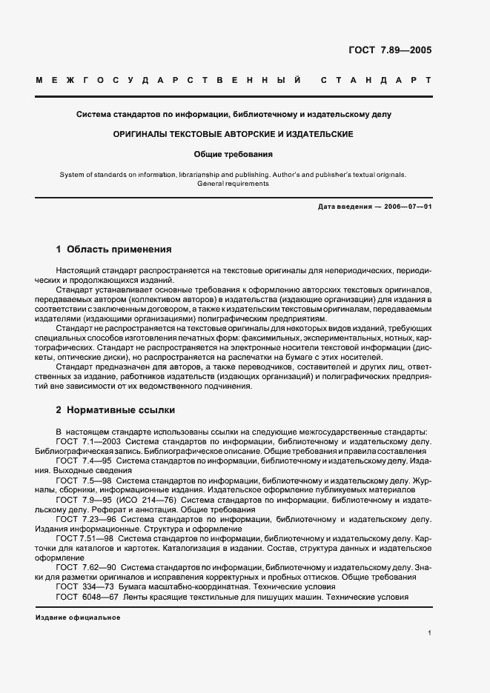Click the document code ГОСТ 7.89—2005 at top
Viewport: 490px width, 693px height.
pos(389,51)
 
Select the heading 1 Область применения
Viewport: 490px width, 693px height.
pos(113,250)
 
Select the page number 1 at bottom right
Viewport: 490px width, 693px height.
pos(429,633)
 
